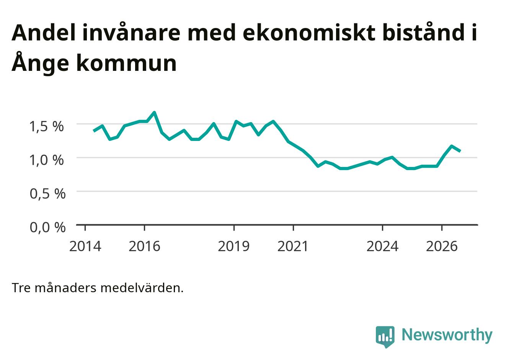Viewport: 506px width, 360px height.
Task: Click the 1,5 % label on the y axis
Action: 47,126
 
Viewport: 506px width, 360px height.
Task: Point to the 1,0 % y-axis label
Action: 47,160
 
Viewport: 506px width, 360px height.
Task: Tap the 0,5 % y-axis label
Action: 48,194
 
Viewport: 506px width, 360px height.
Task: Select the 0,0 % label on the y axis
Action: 48,227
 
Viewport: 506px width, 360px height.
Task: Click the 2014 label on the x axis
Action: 85,246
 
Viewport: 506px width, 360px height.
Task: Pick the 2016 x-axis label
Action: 144,246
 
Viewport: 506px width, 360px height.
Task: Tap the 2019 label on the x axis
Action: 233,246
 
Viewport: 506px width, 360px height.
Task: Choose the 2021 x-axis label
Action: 293,246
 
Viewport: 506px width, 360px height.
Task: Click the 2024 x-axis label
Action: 382,246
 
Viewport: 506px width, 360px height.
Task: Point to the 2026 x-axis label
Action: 442,246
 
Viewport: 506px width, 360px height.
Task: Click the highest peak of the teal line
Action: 155,112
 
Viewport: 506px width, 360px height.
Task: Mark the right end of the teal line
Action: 460,151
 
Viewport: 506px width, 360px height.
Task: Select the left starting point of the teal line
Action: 94,131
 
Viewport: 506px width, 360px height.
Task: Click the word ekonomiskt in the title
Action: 309,33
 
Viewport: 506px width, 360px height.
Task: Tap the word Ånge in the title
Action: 40,62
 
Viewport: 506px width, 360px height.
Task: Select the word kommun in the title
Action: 126,63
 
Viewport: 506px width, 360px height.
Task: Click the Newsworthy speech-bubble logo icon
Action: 385,337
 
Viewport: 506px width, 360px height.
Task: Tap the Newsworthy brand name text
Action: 447,335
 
